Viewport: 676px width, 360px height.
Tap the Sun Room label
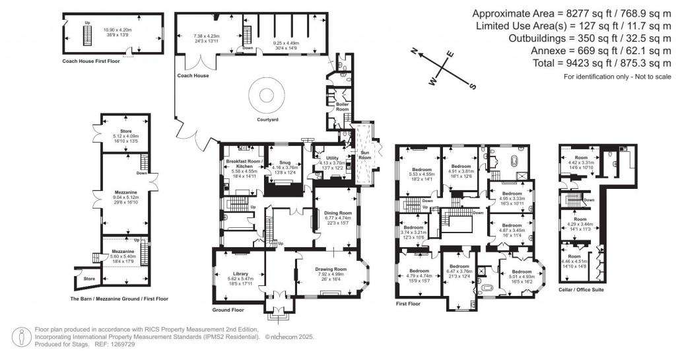(x=365, y=155)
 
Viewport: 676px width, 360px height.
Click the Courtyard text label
(x=267, y=120)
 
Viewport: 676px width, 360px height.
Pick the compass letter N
(x=414, y=51)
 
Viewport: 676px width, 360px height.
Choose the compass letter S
(x=472, y=86)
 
